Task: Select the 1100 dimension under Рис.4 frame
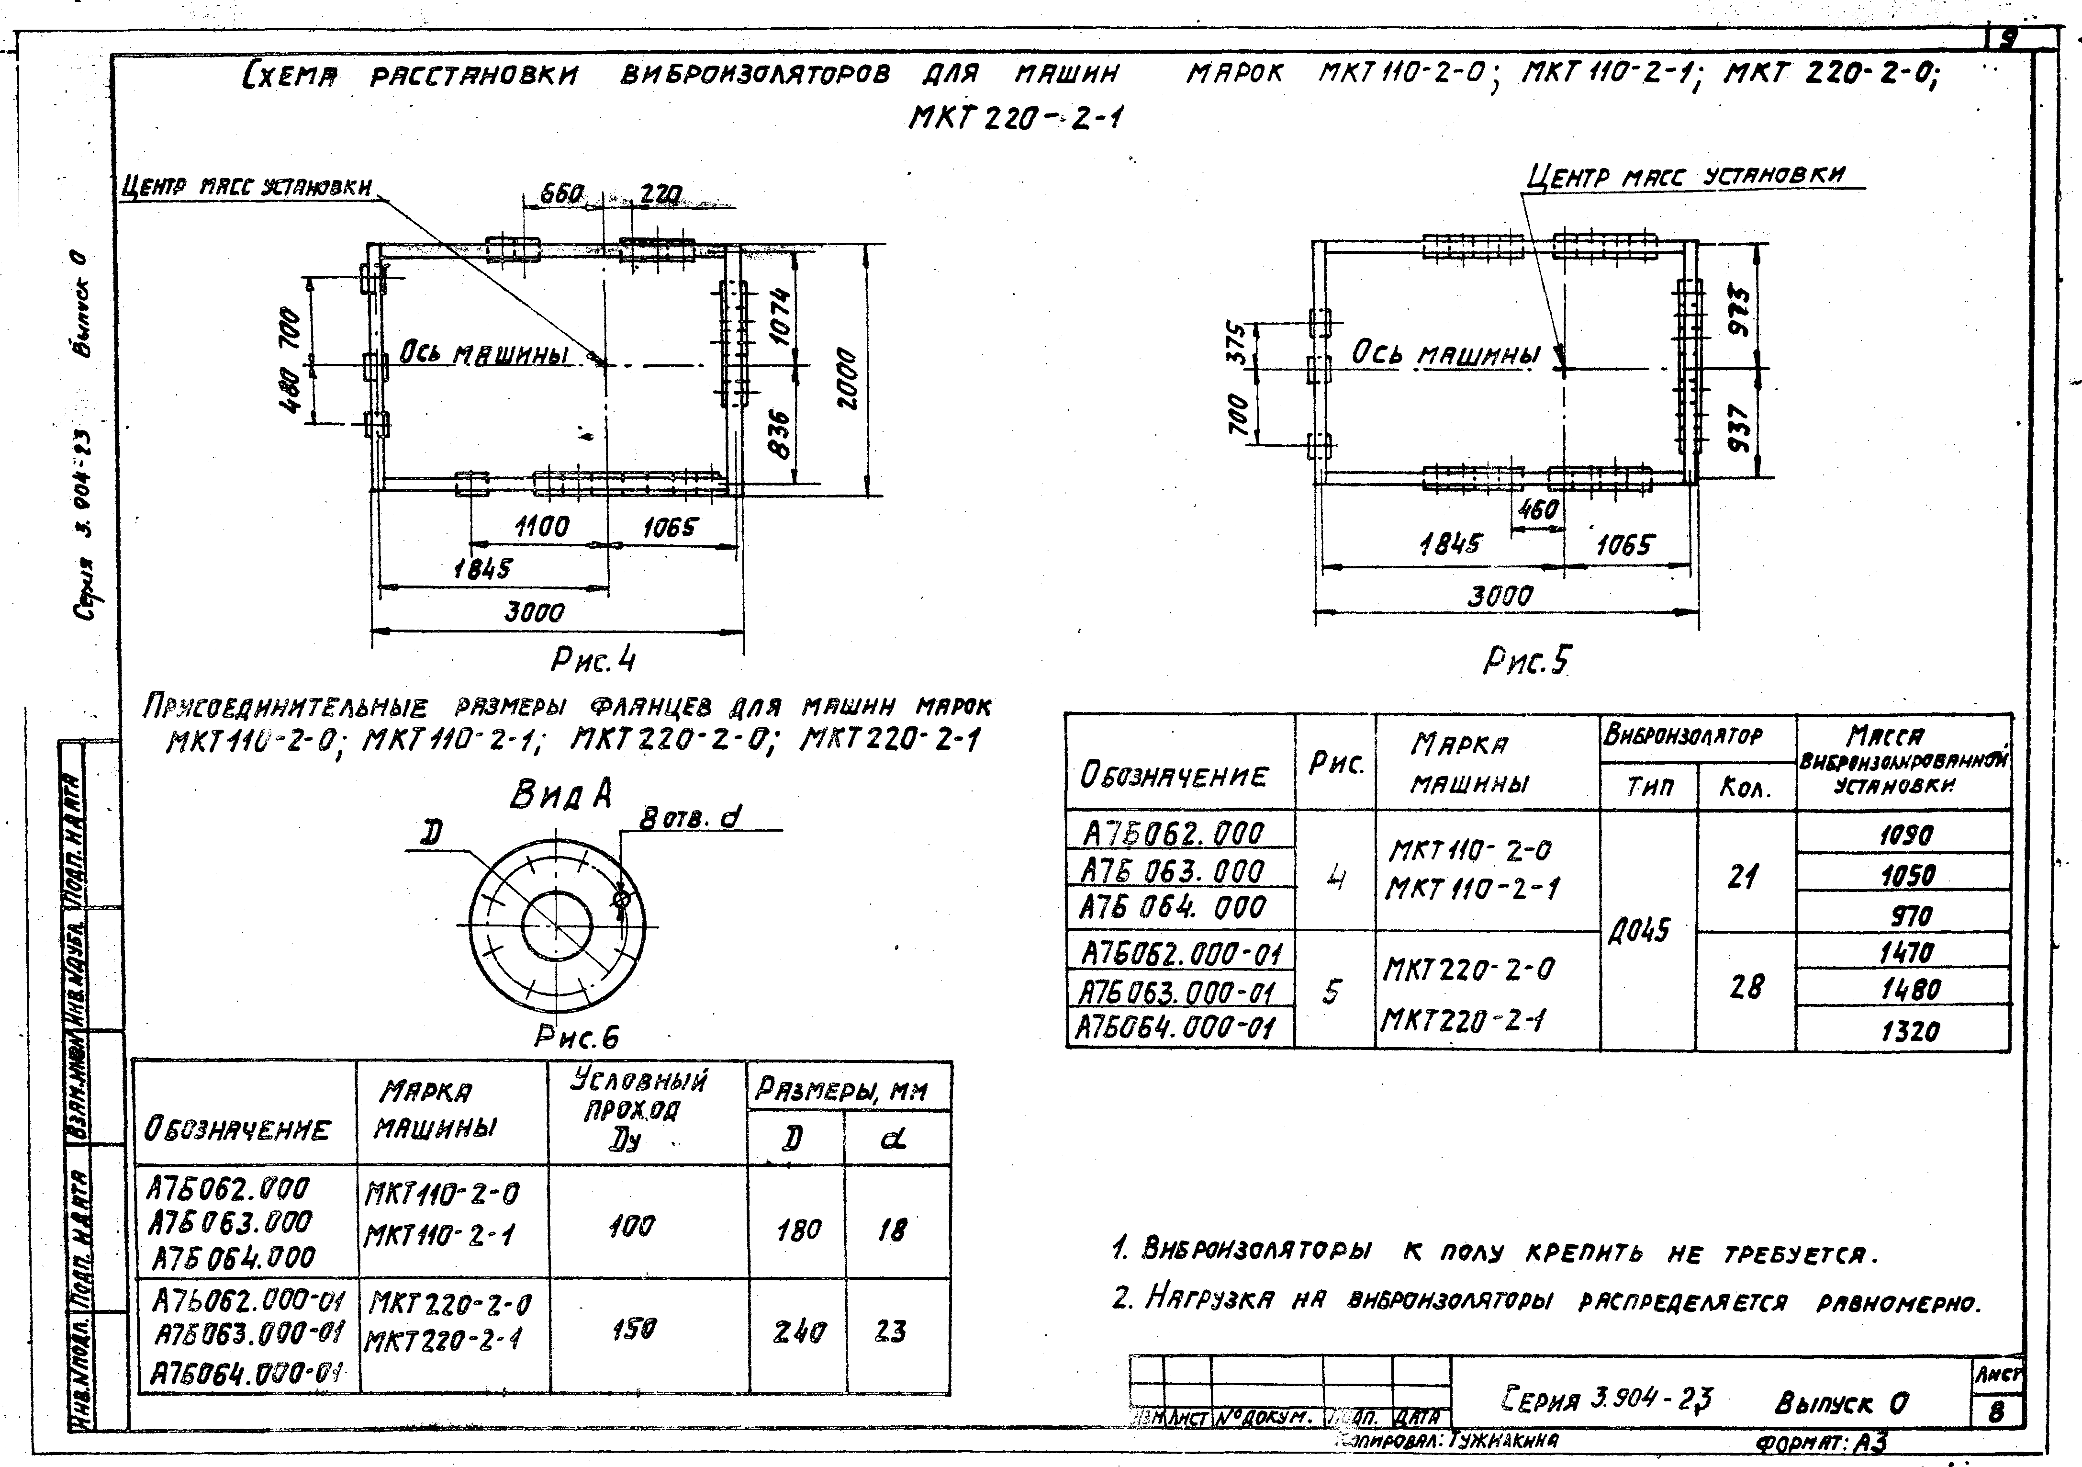tap(541, 526)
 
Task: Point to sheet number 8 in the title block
tap(1996, 1411)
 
